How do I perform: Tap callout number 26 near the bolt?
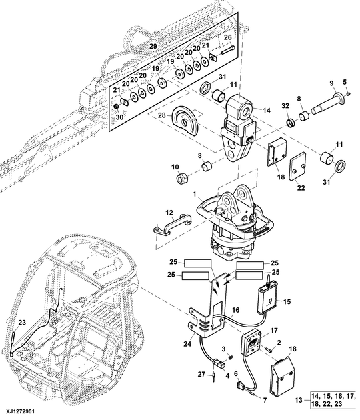click(x=227, y=37)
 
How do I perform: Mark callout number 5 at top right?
click(x=345, y=83)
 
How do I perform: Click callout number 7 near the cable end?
click(x=264, y=399)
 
